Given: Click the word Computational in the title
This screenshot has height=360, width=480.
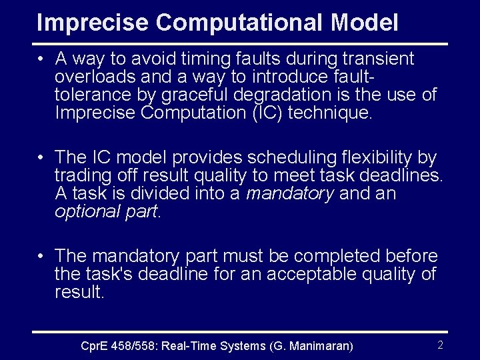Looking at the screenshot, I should tap(240, 23).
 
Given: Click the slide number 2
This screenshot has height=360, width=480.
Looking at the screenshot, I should tap(440, 345).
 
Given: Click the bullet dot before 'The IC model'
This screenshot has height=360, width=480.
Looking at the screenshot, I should tap(41, 158).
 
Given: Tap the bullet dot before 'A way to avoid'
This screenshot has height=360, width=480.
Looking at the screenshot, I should tap(41, 59).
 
